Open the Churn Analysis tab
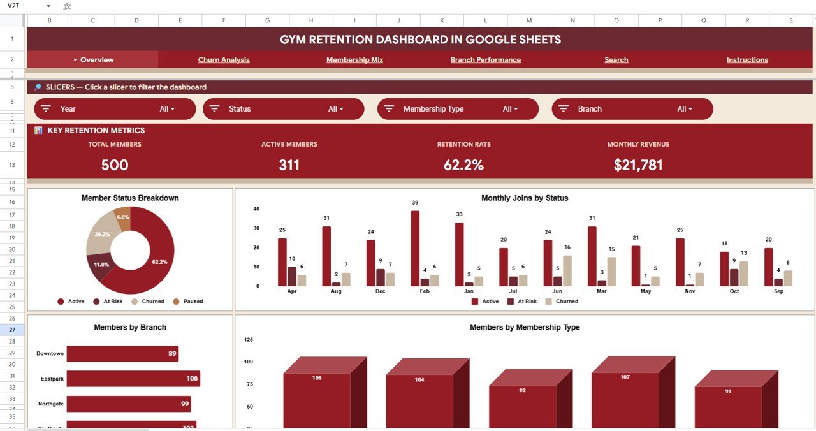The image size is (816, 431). pyautogui.click(x=224, y=60)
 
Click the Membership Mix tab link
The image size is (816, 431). pyautogui.click(x=354, y=60)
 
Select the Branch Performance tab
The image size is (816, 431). pyautogui.click(x=485, y=60)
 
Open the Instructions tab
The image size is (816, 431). pyautogui.click(x=747, y=60)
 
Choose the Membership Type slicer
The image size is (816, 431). pyautogui.click(x=458, y=109)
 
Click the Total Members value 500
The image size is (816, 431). pyautogui.click(x=115, y=165)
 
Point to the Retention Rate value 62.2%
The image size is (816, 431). pyautogui.click(x=463, y=165)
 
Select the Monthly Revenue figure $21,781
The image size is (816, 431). pyautogui.click(x=638, y=165)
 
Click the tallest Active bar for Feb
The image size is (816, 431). pyautogui.click(x=415, y=248)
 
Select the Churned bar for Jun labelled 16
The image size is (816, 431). pyautogui.click(x=567, y=270)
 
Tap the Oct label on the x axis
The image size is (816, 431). pyautogui.click(x=734, y=291)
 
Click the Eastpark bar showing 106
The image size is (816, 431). pyautogui.click(x=133, y=379)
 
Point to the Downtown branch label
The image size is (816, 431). pyautogui.click(x=50, y=354)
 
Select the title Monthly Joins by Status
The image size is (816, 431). pyautogui.click(x=525, y=198)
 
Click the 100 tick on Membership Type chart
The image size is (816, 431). pyautogui.click(x=249, y=362)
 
